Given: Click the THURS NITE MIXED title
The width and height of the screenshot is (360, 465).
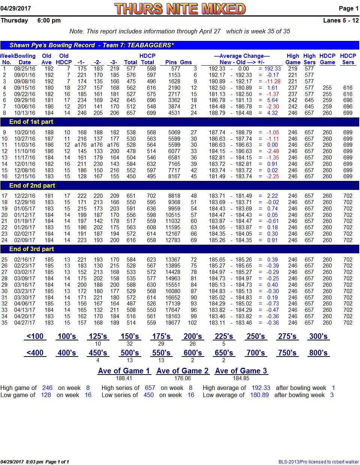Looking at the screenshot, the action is click(x=180, y=9).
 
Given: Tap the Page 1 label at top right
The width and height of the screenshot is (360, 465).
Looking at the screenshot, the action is click(x=348, y=8).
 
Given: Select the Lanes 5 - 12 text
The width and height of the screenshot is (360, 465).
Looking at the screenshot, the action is click(x=341, y=20).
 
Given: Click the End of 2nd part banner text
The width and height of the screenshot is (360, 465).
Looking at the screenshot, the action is click(x=32, y=185).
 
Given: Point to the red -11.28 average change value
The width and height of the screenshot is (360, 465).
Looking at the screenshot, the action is click(x=273, y=81).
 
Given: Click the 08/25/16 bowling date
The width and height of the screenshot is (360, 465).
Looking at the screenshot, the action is click(x=25, y=69).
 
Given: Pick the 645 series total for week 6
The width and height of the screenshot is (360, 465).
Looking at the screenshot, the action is click(x=131, y=100).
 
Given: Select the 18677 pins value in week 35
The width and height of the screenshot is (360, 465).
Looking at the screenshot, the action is click(x=173, y=322).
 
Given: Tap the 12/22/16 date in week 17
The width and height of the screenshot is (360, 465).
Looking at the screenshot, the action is click(x=25, y=196).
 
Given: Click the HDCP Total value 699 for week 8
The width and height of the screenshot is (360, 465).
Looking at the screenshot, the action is click(x=151, y=113).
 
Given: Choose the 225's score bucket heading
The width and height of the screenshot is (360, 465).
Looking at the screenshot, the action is click(x=223, y=336).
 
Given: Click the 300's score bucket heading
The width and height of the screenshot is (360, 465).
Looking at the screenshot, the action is click(x=318, y=336).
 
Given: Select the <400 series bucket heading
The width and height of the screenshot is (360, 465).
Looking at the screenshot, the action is click(x=35, y=353).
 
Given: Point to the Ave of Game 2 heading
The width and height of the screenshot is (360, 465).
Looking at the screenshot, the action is click(x=182, y=371).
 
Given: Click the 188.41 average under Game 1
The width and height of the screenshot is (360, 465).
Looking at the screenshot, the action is click(x=124, y=378).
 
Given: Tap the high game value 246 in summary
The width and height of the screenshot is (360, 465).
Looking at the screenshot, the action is click(x=47, y=388).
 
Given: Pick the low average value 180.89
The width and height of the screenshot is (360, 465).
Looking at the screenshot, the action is click(x=259, y=395).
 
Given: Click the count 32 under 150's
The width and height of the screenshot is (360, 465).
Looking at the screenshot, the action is click(x=129, y=344).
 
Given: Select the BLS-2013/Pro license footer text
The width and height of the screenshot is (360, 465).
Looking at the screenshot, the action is click(x=318, y=462).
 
